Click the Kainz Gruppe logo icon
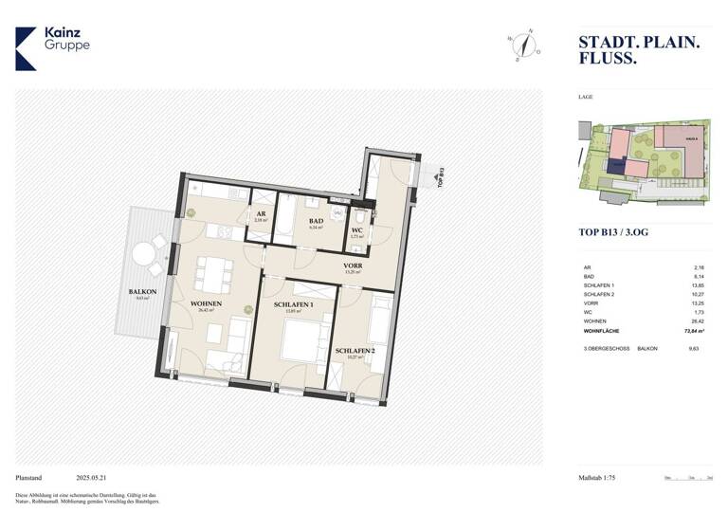coord(26,48)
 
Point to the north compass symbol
coord(522,44)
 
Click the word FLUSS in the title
coord(607,59)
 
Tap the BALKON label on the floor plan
coord(130,292)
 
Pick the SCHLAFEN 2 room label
coord(355,351)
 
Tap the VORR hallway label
coord(353,265)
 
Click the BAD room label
coord(316,222)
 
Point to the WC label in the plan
coord(357,229)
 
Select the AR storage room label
coord(260,214)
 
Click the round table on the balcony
coord(144,254)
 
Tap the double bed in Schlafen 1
coord(293,341)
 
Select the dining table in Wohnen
coord(213,276)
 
